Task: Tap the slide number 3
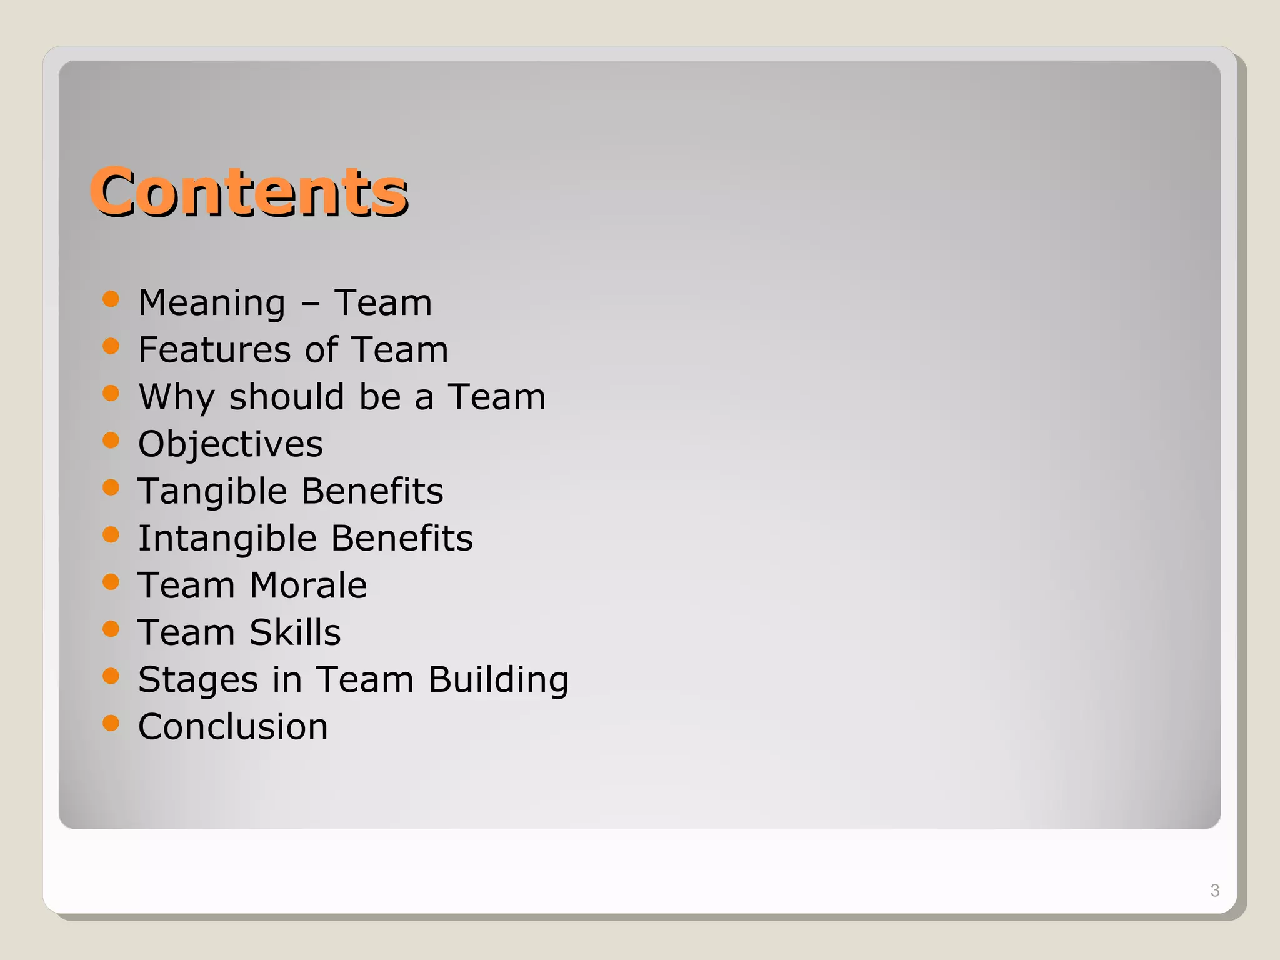tap(1214, 890)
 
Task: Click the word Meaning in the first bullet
tap(212, 303)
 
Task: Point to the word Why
tap(176, 397)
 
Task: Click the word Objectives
tap(230, 444)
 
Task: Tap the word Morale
tap(308, 586)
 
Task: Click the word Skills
tap(295, 632)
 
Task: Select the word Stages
tap(197, 680)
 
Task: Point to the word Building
tap(498, 680)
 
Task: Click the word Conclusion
tap(232, 727)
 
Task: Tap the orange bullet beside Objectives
tap(111, 441)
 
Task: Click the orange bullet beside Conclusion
tap(111, 723)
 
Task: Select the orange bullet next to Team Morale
tap(111, 582)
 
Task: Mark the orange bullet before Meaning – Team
tap(111, 299)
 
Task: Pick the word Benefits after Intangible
tap(401, 539)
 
